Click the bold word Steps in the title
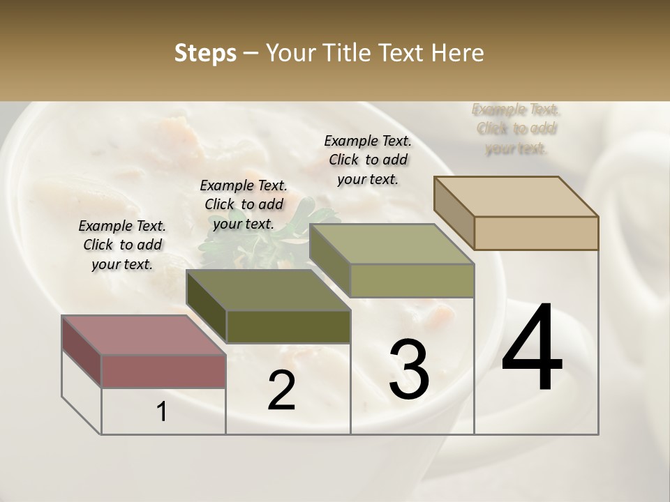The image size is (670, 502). click(x=205, y=53)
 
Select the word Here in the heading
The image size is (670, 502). click(x=457, y=53)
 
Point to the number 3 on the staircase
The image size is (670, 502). click(x=409, y=369)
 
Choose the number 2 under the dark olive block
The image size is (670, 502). click(x=281, y=390)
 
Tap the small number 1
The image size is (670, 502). click(x=161, y=411)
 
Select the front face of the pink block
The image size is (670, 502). click(x=163, y=371)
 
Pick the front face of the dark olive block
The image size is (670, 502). click(x=288, y=326)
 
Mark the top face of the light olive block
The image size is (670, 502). click(x=392, y=244)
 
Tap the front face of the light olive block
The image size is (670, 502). click(x=412, y=280)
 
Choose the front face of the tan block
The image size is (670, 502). click(x=536, y=233)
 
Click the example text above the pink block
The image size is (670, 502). click(x=122, y=245)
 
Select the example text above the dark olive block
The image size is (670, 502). click(x=244, y=204)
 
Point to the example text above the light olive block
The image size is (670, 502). click(x=368, y=160)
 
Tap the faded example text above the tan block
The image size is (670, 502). click(x=516, y=128)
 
